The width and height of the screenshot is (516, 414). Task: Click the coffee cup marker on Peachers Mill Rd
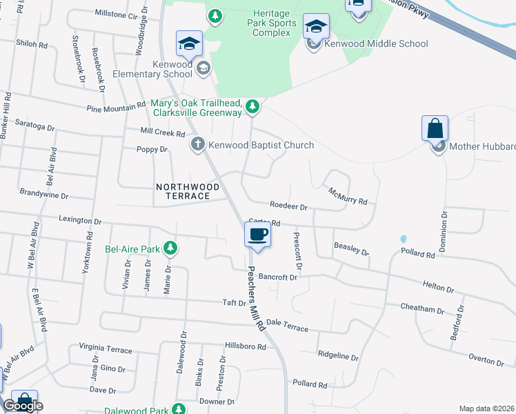[257, 235]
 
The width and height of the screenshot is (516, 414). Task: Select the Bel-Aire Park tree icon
[170, 248]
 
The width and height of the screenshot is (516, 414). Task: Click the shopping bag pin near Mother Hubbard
[435, 128]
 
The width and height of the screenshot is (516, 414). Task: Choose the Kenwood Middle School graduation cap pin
[316, 27]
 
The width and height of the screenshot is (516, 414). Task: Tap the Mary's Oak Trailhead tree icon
[253, 106]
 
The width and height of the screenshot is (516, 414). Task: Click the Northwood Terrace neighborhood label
[183, 192]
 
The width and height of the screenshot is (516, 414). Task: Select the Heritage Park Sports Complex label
[275, 23]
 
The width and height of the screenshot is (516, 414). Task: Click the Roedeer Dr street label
[288, 206]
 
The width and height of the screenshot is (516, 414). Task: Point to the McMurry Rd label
[348, 196]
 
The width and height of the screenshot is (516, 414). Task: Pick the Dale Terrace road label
[287, 325]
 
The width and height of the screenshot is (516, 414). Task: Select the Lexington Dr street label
[80, 221]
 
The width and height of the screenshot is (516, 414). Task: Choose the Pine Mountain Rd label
[116, 107]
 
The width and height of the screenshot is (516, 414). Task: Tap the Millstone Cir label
[116, 14]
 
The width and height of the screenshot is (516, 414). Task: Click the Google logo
[23, 406]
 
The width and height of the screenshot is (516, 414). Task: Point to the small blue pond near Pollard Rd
[403, 239]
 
